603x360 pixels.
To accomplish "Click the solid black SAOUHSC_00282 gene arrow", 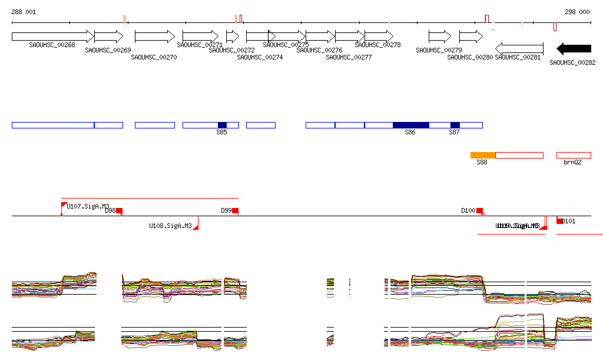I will [574, 48].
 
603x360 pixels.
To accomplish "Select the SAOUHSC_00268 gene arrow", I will [52, 37].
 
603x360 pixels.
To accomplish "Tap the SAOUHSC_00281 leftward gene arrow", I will [519, 48].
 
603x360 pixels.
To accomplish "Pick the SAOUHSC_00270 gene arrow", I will [155, 37].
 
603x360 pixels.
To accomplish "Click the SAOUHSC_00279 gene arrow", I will [439, 37].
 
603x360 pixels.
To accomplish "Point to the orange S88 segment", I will [483, 155].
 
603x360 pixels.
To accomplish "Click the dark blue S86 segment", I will [410, 125].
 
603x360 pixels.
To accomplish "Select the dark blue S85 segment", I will [222, 125].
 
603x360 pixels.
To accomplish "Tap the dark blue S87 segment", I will [455, 125].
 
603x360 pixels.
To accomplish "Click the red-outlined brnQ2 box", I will [574, 155].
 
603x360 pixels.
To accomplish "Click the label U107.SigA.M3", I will [88, 206].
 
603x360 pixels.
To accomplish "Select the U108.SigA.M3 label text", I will [170, 226].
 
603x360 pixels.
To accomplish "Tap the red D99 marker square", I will [235, 210].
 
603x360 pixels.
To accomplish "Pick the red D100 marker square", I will [479, 210].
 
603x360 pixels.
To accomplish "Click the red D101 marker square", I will [559, 221].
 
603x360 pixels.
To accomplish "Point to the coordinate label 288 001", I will [24, 12].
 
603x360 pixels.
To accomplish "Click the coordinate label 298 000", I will [577, 12].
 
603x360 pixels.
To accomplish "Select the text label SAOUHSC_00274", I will [260, 57].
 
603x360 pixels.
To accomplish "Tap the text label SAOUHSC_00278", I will [377, 45].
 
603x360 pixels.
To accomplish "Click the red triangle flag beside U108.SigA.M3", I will [196, 227].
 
